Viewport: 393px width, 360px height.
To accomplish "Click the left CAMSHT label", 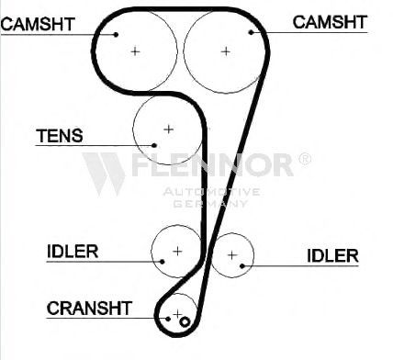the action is point(38,24).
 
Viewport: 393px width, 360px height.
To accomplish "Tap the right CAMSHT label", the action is point(330,22).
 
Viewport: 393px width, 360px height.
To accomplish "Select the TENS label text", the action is point(60,136).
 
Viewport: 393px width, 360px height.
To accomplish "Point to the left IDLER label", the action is point(73,252).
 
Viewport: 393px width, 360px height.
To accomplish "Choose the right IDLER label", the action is point(332,255).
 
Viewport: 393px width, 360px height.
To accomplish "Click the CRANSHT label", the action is point(89,309).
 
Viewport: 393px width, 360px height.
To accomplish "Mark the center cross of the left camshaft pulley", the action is point(135,51).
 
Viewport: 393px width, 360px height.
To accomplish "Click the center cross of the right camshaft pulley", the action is point(226,51).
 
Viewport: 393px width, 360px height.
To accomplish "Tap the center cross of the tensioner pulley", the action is point(169,129).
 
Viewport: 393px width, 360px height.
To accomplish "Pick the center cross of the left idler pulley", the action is point(177,252).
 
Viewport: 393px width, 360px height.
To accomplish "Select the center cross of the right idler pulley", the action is point(232,254).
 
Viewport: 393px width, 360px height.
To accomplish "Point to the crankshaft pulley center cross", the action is point(177,314).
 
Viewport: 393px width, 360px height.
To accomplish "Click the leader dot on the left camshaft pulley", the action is point(116,35).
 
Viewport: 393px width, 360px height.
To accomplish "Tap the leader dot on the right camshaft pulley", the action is point(252,32).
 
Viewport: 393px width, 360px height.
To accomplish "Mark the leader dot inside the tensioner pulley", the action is point(154,145).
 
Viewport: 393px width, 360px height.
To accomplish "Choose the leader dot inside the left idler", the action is point(163,262).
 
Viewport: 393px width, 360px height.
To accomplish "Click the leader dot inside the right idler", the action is point(242,266).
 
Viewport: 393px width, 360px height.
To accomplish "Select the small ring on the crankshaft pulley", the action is point(185,321).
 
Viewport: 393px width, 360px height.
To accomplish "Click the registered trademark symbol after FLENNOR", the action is point(305,159).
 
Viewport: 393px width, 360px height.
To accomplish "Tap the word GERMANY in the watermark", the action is point(210,204).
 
